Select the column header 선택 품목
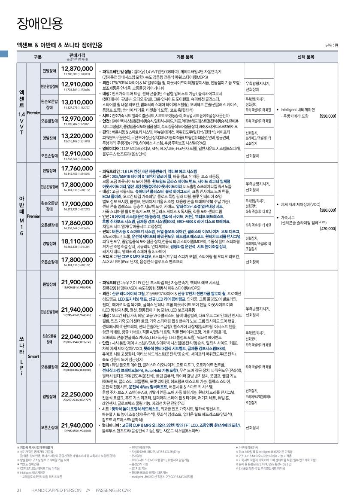[x=306, y=57]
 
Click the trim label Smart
[x=33, y=356]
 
